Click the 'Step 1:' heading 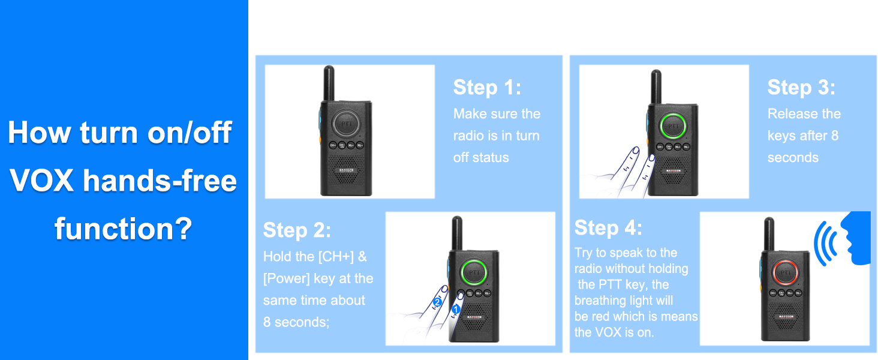(487, 87)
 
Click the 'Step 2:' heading (297, 230)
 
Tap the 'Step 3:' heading (801, 87)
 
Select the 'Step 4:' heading (608, 227)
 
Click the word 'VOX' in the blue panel (41, 181)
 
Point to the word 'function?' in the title (123, 229)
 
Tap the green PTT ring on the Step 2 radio (474, 272)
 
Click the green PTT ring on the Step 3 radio (673, 125)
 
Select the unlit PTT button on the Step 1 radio (345, 124)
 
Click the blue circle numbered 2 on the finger (437, 302)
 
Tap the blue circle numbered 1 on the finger (455, 310)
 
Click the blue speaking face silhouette (856, 238)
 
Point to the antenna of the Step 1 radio (329, 83)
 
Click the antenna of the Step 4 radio (769, 234)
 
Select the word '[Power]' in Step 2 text (286, 278)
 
